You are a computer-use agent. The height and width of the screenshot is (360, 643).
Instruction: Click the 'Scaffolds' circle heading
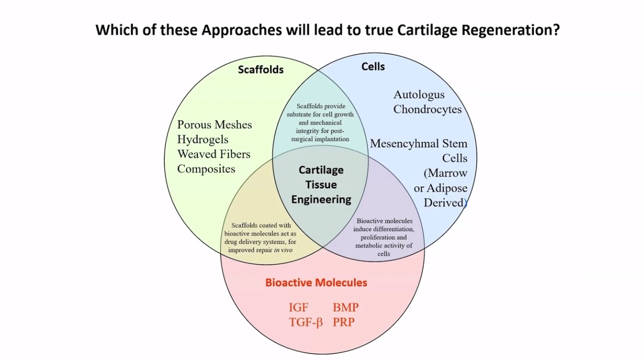(261, 70)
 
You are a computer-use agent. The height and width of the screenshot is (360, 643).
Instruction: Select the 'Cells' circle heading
(373, 67)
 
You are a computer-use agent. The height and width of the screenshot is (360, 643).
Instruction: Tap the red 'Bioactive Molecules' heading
(316, 282)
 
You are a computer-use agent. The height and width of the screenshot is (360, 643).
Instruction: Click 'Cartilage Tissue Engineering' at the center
(321, 185)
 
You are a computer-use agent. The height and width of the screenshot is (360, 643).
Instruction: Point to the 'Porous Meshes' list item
(214, 125)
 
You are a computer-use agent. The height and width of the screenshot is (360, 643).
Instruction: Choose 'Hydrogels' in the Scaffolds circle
(203, 140)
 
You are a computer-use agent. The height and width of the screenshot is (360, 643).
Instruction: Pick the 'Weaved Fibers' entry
(213, 155)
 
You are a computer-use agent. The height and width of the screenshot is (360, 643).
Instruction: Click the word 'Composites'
(206, 169)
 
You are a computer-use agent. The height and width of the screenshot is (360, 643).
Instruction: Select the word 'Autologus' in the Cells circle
(419, 95)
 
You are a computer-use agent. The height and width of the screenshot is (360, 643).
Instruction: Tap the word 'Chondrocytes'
(428, 109)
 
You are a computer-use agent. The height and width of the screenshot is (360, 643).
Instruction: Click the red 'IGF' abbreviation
(299, 308)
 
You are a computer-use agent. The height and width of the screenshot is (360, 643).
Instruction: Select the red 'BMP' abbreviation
(345, 308)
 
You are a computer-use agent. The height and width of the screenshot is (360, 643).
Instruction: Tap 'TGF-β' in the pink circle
(306, 322)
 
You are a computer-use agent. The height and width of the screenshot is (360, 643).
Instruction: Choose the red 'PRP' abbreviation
(343, 322)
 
